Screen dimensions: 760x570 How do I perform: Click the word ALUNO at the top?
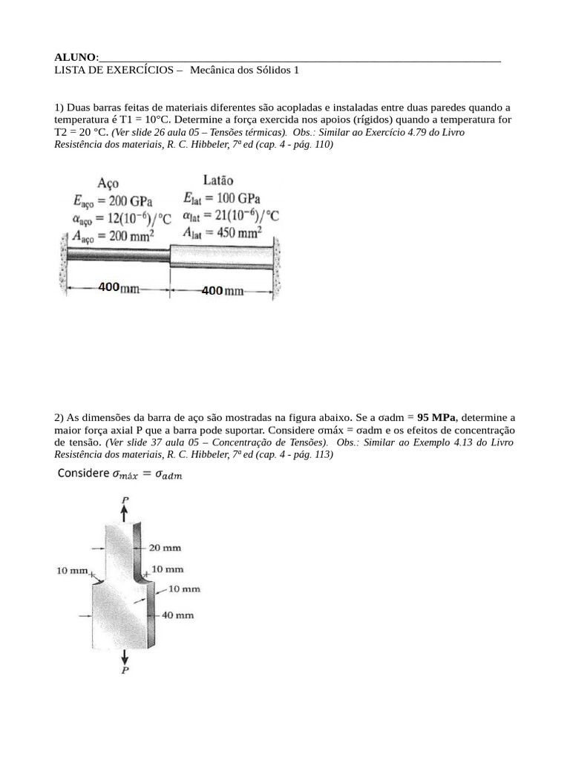pos(76,57)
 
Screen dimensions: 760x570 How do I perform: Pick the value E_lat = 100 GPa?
pos(220,198)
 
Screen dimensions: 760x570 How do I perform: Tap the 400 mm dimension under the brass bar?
pos(223,290)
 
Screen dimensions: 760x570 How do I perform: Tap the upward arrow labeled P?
pos(124,509)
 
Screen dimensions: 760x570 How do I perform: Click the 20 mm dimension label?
pos(164,548)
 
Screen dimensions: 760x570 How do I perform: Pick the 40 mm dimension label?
pos(177,615)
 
